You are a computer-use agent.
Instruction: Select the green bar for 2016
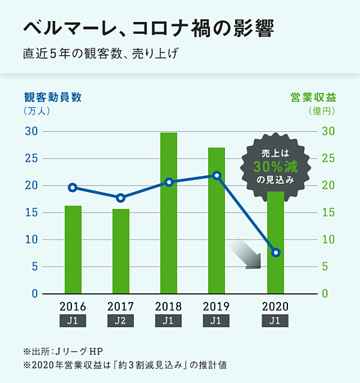[x=73, y=249]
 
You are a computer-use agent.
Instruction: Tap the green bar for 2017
[x=121, y=251]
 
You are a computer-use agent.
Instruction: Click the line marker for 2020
[x=275, y=253]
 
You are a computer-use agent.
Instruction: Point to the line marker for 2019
[x=217, y=176]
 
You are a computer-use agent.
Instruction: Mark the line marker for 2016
[x=73, y=187]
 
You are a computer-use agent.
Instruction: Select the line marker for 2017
[x=121, y=198]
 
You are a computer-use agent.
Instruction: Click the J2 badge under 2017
[x=121, y=321]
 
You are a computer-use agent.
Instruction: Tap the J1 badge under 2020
[x=275, y=321]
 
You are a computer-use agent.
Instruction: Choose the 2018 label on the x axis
[x=169, y=306]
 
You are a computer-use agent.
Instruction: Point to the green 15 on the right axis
[x=328, y=213]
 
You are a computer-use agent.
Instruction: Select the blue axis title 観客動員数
[x=52, y=97]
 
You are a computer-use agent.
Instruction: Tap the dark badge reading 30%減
[x=275, y=166]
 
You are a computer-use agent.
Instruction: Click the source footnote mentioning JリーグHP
[x=67, y=350]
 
